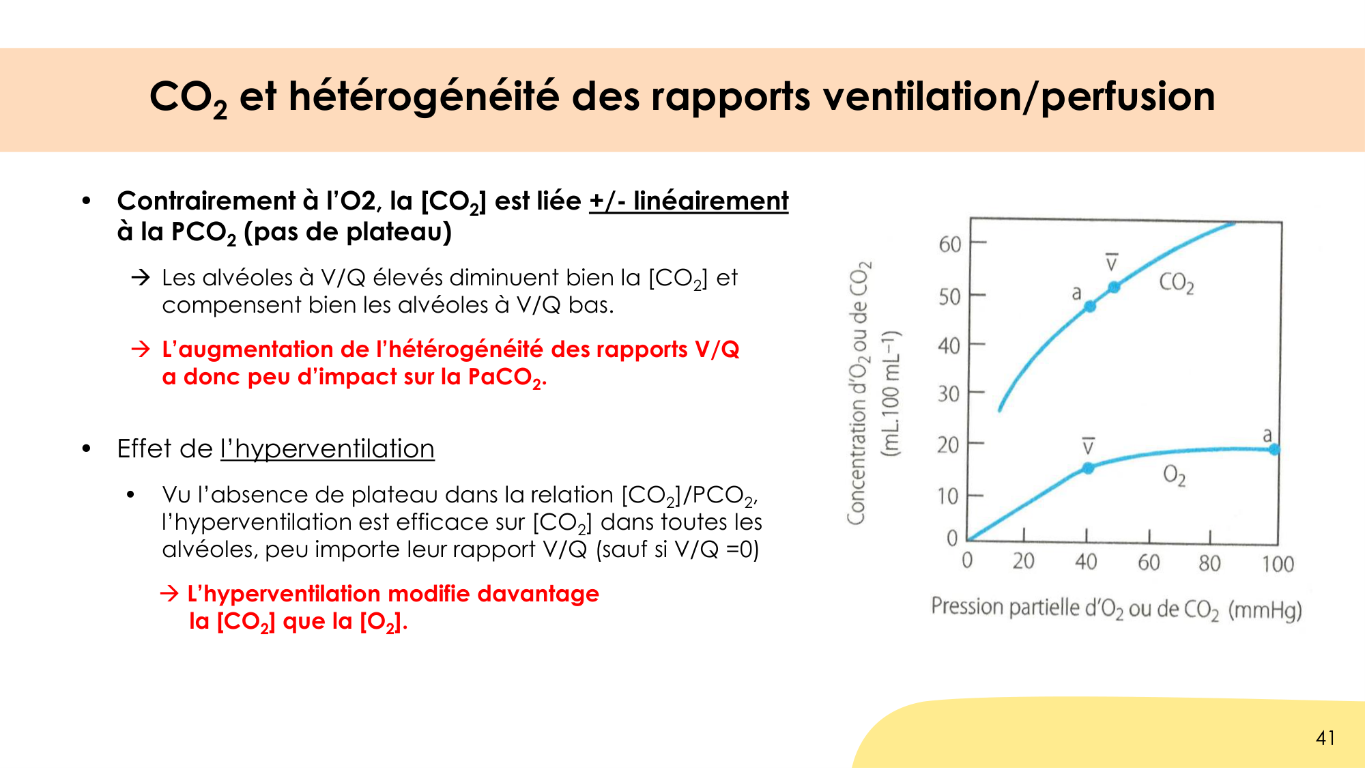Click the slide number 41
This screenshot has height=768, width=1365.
pyautogui.click(x=1325, y=738)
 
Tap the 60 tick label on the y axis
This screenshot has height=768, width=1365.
pyautogui.click(x=949, y=244)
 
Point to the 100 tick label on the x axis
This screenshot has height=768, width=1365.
pyautogui.click(x=1278, y=564)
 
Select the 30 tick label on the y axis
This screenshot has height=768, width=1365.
pyautogui.click(x=948, y=394)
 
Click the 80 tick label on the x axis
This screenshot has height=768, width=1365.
pyautogui.click(x=1209, y=563)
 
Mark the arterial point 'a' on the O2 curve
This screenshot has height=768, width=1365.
pyautogui.click(x=1274, y=449)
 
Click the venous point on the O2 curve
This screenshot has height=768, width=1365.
pyautogui.click(x=1088, y=468)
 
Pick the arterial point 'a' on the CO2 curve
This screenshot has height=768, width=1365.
pyautogui.click(x=1090, y=307)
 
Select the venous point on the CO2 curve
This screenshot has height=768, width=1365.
pyautogui.click(x=1114, y=287)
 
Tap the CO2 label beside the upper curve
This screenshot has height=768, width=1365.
pyautogui.click(x=1176, y=283)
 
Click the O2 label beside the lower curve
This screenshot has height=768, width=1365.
pyautogui.click(x=1174, y=474)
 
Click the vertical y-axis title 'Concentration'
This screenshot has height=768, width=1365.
pyautogui.click(x=858, y=393)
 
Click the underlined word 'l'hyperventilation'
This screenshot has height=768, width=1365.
pyautogui.click(x=327, y=449)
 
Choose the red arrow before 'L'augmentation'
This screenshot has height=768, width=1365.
pyautogui.click(x=141, y=350)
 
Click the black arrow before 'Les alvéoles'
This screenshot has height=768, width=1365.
pyautogui.click(x=141, y=277)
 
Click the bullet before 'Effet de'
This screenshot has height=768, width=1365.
pyautogui.click(x=86, y=449)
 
